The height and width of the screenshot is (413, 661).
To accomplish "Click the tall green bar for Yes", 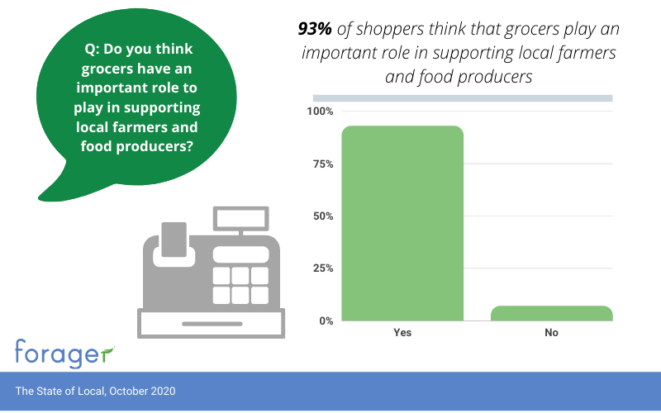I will tap(402, 223).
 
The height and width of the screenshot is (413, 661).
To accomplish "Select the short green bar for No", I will tap(552, 313).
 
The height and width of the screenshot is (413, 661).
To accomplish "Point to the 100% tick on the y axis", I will tap(320, 112).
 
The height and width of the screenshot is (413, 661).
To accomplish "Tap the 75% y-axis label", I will tap(322, 164).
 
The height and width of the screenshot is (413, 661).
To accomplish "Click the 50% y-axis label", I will tap(322, 216).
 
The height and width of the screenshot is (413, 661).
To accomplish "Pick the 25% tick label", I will tap(322, 268).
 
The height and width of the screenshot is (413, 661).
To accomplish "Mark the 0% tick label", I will tap(325, 320).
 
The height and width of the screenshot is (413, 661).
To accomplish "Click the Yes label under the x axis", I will tap(402, 333).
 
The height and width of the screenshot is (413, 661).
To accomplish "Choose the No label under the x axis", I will tap(552, 333).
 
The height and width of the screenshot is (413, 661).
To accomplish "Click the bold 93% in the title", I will tap(314, 30).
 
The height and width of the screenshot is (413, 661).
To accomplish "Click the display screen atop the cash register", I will tap(240, 218).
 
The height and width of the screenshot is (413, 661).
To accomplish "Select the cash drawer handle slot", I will tap(211, 321).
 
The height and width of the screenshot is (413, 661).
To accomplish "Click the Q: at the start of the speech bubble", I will tap(92, 49).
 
